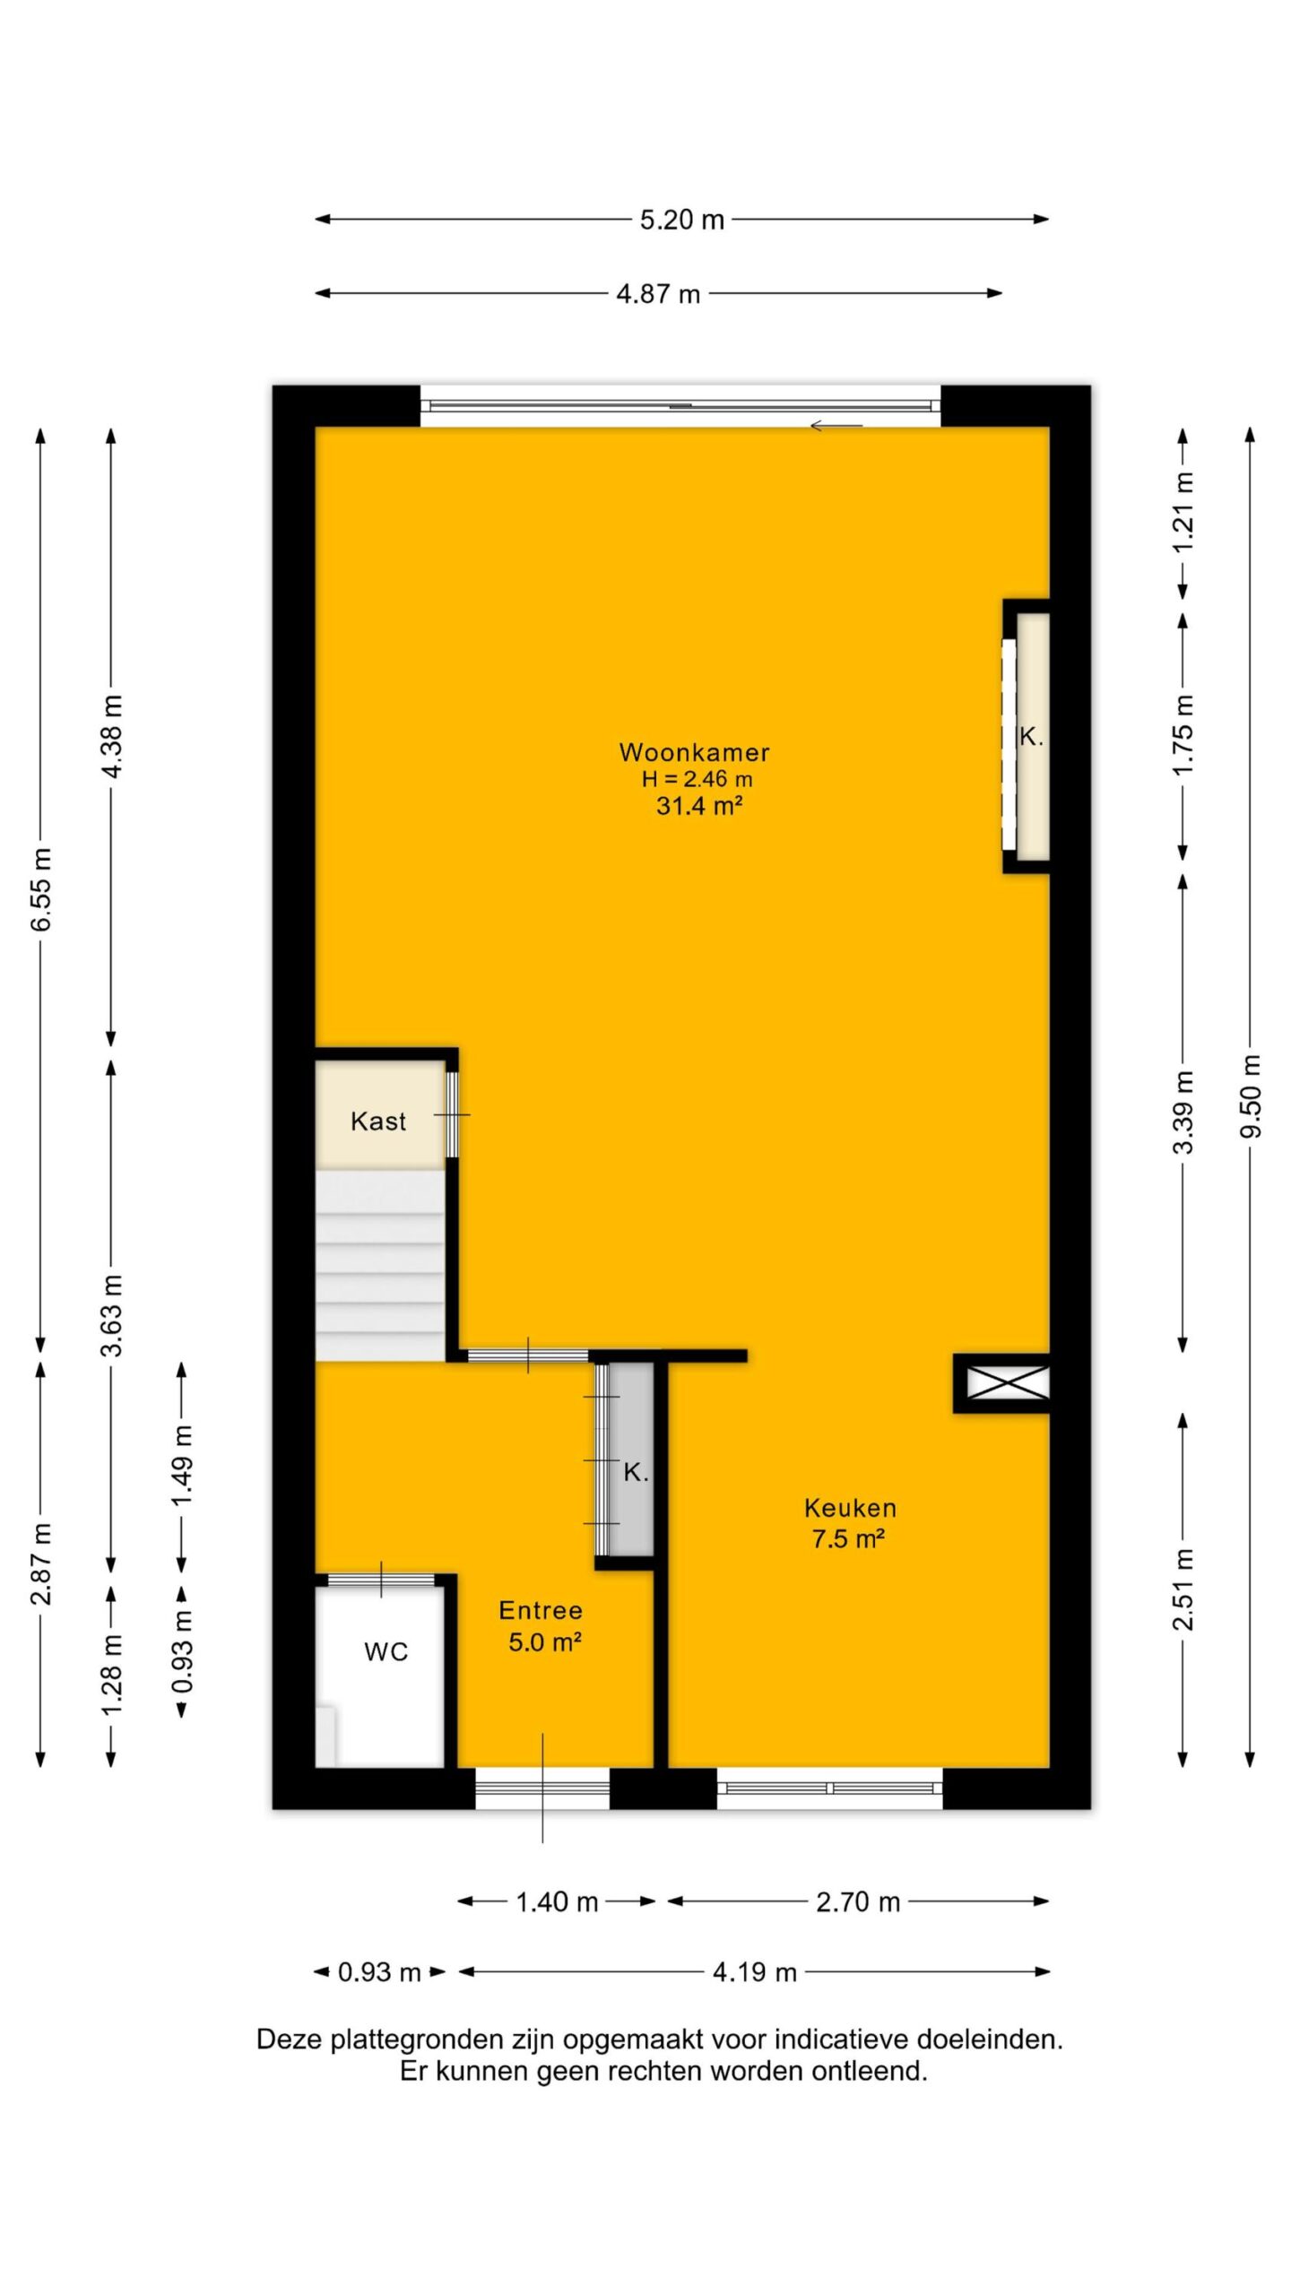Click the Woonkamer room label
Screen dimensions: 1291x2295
tap(694, 752)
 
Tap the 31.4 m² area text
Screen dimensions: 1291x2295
tap(699, 806)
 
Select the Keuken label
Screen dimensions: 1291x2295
tap(850, 1508)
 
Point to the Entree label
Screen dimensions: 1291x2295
tap(541, 1611)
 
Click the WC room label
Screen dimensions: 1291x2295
tap(386, 1652)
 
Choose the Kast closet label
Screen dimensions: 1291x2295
tap(378, 1121)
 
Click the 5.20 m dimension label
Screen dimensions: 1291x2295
tap(681, 220)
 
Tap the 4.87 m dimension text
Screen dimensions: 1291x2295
tap(658, 294)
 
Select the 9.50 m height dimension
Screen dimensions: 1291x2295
tap(1251, 1096)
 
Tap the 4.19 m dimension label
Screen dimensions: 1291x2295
tap(755, 1971)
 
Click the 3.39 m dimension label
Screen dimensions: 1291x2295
tap(1184, 1112)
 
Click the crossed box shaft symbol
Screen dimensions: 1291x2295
tap(1007, 1381)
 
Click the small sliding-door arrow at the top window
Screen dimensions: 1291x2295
tap(836, 426)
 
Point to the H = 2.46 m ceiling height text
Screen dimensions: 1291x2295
tap(697, 779)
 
